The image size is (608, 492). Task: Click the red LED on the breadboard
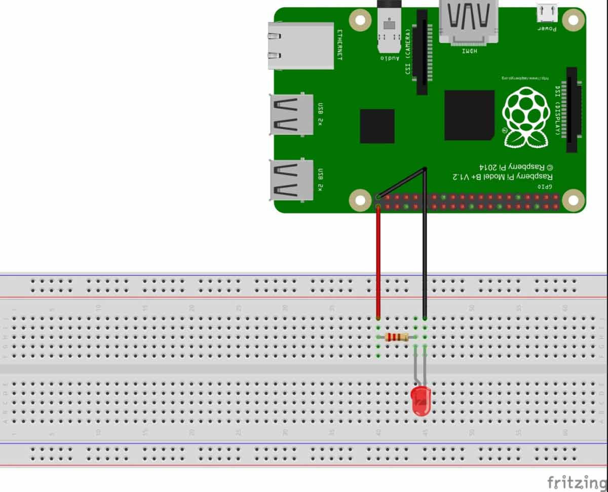(x=421, y=401)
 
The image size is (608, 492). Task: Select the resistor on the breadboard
(x=397, y=337)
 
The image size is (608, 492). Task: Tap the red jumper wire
(x=378, y=264)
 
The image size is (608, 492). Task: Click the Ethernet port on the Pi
(x=302, y=46)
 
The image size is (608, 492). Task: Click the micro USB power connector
(x=547, y=13)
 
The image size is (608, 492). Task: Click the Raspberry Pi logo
(x=525, y=117)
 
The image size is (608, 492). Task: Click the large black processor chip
(x=469, y=115)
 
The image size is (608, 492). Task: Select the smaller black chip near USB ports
(x=377, y=126)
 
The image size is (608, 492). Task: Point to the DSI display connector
(x=572, y=110)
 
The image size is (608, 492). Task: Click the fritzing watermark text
(x=577, y=481)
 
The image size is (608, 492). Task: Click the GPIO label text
(x=545, y=187)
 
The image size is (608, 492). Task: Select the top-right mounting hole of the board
(x=573, y=20)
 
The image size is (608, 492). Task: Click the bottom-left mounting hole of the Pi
(x=360, y=200)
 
